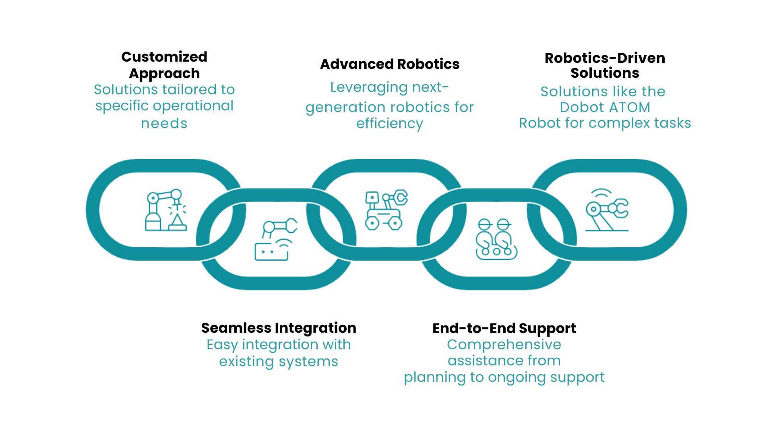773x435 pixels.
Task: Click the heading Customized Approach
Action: pyautogui.click(x=164, y=65)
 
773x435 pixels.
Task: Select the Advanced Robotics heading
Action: pyautogui.click(x=389, y=64)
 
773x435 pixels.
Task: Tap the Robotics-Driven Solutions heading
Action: pyautogui.click(x=605, y=65)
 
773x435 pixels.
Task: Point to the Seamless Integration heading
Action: pyautogui.click(x=279, y=328)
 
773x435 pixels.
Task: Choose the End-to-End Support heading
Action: pyautogui.click(x=504, y=328)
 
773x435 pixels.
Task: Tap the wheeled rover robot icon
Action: pyautogui.click(x=386, y=210)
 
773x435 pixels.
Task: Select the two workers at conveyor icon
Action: pyautogui.click(x=496, y=239)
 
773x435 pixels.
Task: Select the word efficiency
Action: pyautogui.click(x=389, y=124)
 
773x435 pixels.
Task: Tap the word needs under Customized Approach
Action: pyautogui.click(x=164, y=124)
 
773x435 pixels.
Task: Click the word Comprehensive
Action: pyautogui.click(x=504, y=345)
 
